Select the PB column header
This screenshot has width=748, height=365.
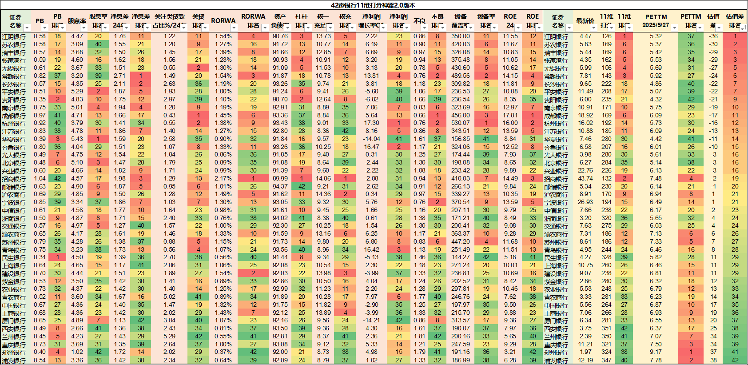tap(40, 21)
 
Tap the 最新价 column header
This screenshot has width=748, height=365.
tap(585, 21)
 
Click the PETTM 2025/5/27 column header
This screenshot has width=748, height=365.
tap(656, 21)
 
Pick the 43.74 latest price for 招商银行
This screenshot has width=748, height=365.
tap(585, 178)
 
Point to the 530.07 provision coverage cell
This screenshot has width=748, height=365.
tap(460, 123)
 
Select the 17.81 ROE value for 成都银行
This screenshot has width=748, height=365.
tap(510, 115)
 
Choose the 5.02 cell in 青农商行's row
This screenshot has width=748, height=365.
tap(169, 297)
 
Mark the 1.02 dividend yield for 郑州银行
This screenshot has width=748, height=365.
tap(77, 352)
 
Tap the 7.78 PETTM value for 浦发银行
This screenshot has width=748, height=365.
tap(656, 360)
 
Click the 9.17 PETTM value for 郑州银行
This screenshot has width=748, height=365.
tap(656, 352)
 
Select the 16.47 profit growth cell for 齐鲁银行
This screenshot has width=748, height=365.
tap(371, 147)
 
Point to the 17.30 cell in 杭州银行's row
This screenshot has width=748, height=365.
tap(371, 123)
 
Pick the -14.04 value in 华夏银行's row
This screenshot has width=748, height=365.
tap(371, 139)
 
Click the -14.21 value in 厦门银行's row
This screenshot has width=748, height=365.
tap(371, 321)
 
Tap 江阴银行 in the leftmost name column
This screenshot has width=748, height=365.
tap(14, 36)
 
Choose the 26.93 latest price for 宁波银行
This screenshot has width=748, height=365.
tap(585, 202)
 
